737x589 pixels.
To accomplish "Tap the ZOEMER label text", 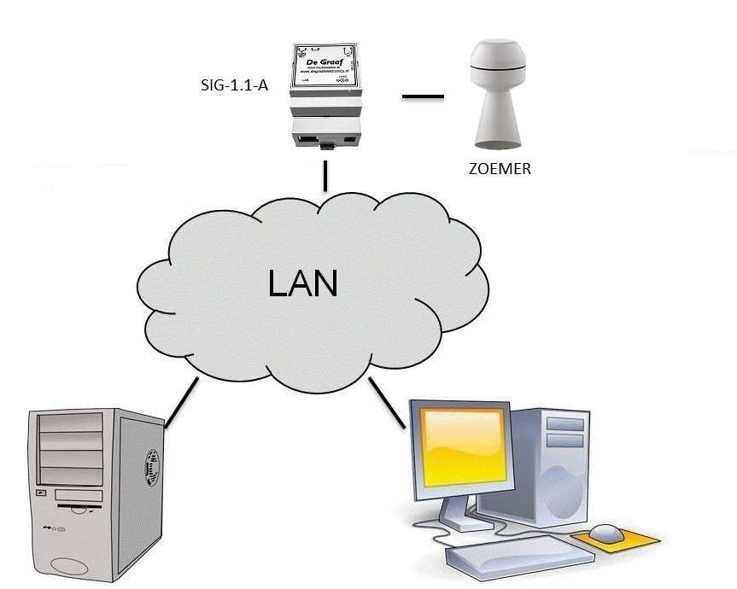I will point(500,168).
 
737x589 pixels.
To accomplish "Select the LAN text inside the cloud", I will point(302,283).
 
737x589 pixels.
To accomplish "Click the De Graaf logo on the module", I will point(325,62).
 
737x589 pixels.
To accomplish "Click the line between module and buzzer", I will point(423,96).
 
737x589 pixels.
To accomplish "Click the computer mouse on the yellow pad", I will point(606,533).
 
